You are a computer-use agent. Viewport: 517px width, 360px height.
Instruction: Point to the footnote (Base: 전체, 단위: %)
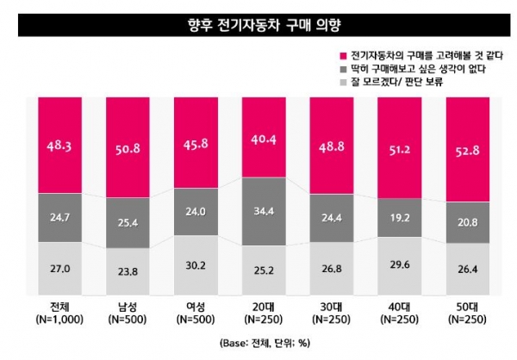pos(258,341)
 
